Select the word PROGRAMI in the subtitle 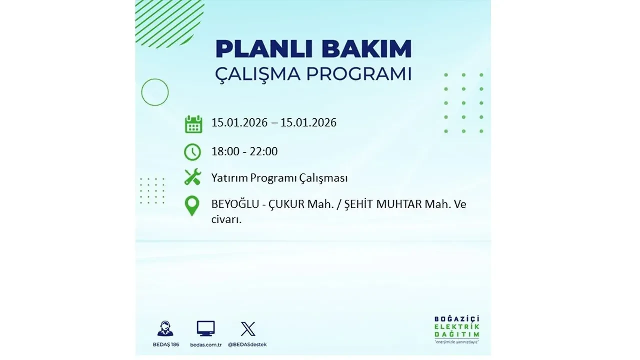[359, 74]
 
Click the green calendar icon [193, 124]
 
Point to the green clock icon [192, 152]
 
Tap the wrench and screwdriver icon [192, 177]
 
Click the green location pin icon [192, 206]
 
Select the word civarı [226, 219]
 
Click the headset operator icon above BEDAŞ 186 [165, 329]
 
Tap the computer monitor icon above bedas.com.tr [206, 328]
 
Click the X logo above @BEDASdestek [248, 329]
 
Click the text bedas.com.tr [206, 345]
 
